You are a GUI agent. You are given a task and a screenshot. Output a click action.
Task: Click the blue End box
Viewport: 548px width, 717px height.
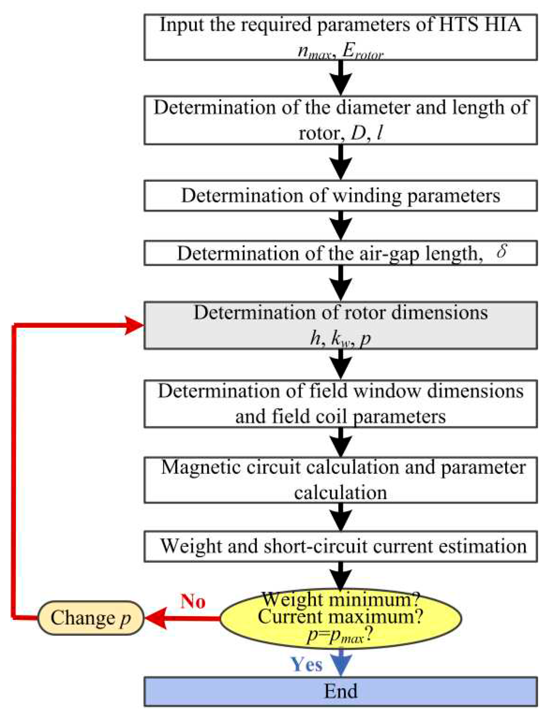pyautogui.click(x=340, y=691)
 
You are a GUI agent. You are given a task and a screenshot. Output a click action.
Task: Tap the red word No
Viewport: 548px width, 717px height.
pyautogui.click(x=193, y=601)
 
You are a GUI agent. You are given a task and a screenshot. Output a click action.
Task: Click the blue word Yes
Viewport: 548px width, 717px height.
pyautogui.click(x=307, y=664)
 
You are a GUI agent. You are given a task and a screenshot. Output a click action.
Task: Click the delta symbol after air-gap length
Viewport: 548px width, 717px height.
pyautogui.click(x=501, y=251)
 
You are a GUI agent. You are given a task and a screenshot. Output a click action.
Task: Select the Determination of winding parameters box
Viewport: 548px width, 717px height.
pyautogui.click(x=340, y=196)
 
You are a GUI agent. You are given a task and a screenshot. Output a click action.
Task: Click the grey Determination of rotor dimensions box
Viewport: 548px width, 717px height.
pyautogui.click(x=340, y=325)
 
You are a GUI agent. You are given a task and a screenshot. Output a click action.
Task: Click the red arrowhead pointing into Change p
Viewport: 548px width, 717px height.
pyautogui.click(x=156, y=618)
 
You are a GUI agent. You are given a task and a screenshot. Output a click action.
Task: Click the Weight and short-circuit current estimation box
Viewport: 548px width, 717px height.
pyautogui.click(x=340, y=546)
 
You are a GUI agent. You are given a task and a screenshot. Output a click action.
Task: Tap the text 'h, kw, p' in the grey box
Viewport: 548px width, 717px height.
pyautogui.click(x=340, y=338)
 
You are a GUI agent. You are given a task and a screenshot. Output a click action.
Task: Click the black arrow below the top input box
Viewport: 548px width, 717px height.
pyautogui.click(x=341, y=78)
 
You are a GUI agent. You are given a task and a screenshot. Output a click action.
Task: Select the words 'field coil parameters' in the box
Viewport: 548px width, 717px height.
pyautogui.click(x=358, y=416)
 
